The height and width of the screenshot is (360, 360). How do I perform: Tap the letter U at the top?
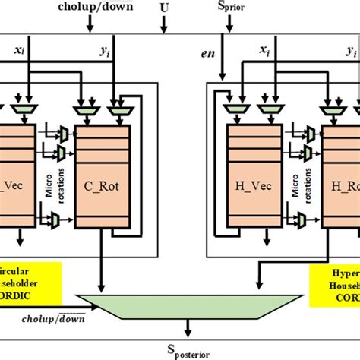coord(165,8)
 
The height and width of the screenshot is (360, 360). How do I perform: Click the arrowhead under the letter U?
coord(165,31)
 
